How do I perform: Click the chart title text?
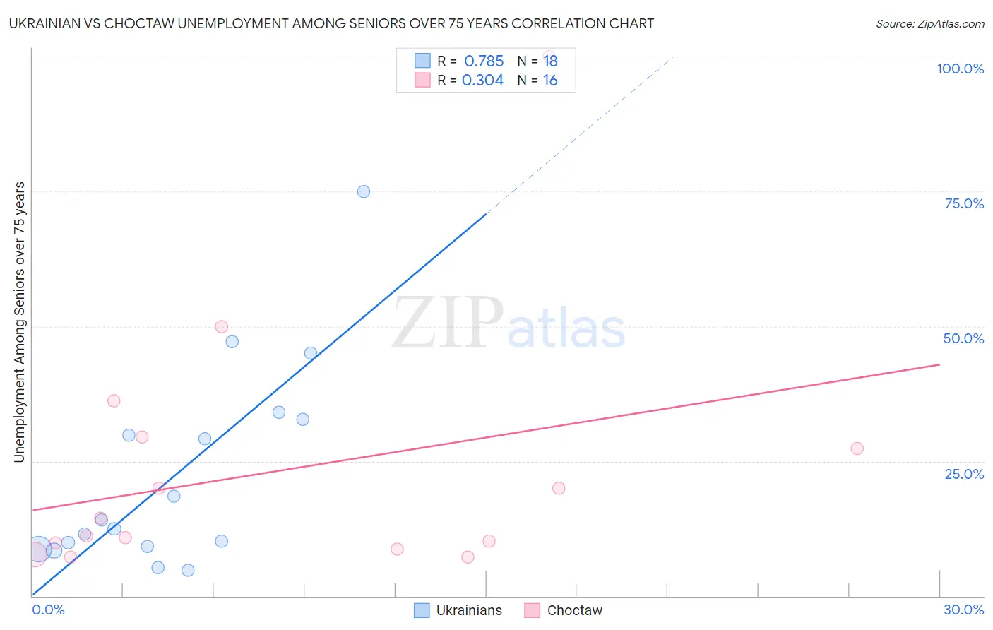(x=331, y=23)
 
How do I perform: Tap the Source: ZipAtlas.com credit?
(x=929, y=23)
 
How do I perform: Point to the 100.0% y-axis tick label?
(x=960, y=69)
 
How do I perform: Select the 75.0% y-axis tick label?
(x=964, y=203)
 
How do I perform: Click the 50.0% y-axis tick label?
(x=963, y=338)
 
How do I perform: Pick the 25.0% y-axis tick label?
(x=964, y=473)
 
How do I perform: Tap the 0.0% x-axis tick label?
(x=48, y=610)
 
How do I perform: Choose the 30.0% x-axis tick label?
(x=963, y=610)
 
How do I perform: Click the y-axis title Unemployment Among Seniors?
(x=19, y=322)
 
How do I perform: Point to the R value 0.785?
(x=484, y=61)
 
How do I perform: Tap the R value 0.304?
(x=482, y=81)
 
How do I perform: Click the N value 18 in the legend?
(x=550, y=61)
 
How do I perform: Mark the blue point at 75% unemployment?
(x=364, y=191)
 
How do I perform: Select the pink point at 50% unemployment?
(x=221, y=326)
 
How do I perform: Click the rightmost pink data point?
(x=857, y=448)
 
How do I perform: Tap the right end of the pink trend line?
(x=939, y=364)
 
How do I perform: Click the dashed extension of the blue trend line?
(x=579, y=134)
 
